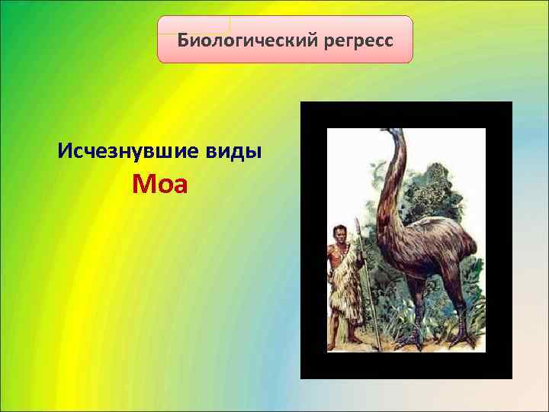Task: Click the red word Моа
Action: [x=159, y=185]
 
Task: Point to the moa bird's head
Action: [x=393, y=135]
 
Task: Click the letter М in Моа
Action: [x=142, y=185]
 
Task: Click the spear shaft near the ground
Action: [x=371, y=328]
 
